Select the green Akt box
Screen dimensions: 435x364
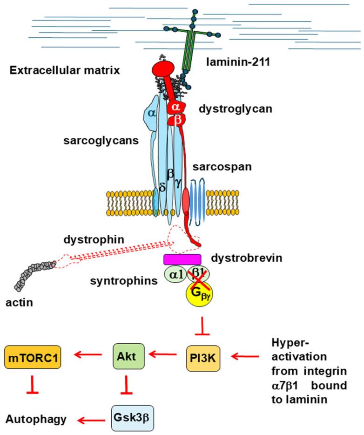[x=125, y=357]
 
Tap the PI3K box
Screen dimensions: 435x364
[x=203, y=358]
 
